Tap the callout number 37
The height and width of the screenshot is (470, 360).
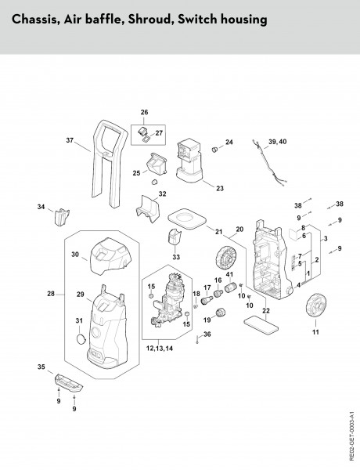point(70,140)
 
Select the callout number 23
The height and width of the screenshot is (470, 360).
point(220,188)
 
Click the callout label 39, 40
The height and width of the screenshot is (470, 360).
point(278,140)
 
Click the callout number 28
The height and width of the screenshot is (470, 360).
point(51,294)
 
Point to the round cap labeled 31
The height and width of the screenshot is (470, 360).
point(81,338)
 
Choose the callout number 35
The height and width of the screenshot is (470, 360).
point(41,366)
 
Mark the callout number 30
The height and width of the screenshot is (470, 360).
point(76,255)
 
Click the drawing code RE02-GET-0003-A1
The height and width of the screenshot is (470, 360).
point(352,430)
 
